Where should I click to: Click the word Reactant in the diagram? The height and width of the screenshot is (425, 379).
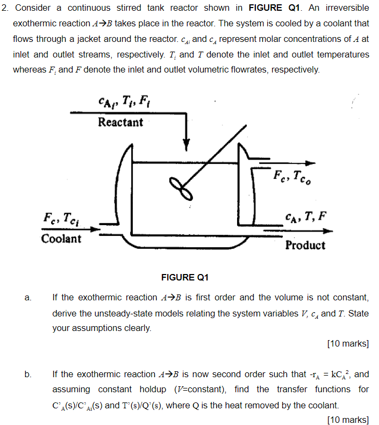coord(120,123)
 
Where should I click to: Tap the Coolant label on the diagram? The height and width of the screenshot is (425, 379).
coord(61,239)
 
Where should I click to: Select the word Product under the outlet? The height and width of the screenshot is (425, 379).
coord(305,246)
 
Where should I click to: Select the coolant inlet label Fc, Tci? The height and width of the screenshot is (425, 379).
coord(62,219)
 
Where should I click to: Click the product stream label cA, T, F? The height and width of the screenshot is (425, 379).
coord(305,217)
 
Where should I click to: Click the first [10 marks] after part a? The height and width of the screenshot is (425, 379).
coord(347,344)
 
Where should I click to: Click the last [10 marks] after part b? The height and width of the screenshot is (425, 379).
coord(347,420)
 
